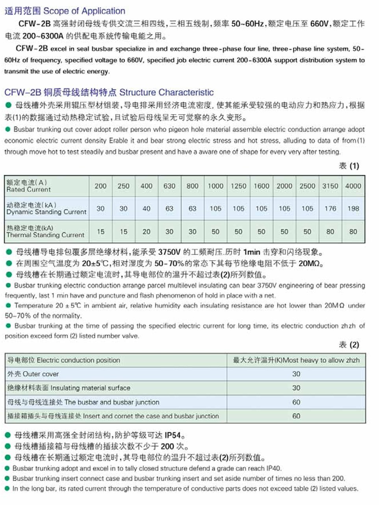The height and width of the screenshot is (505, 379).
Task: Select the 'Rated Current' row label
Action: pyautogui.click(x=28, y=189)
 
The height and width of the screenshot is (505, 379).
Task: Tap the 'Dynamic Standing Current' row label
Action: pyautogui.click(x=46, y=212)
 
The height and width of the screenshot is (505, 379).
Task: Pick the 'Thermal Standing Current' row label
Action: pyautogui.click(x=45, y=235)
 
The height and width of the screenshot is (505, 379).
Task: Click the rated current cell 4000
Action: pyautogui.click(x=353, y=186)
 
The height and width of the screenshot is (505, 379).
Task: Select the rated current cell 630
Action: pyautogui.click(x=169, y=186)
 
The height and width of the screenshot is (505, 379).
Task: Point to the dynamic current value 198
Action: pyautogui.click(x=353, y=209)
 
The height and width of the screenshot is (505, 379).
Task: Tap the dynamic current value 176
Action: pyautogui.click(x=330, y=209)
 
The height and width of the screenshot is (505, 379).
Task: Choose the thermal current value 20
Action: pyautogui.click(x=146, y=232)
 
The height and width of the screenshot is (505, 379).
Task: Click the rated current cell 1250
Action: pyautogui.click(x=238, y=186)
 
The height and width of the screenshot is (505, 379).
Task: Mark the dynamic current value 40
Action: pyautogui.click(x=146, y=209)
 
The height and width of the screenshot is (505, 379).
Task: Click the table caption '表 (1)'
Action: pyautogui.click(x=349, y=166)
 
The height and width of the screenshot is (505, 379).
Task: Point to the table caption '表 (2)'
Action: pyautogui.click(x=349, y=345)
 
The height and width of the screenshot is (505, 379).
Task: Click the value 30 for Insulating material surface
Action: pyautogui.click(x=296, y=388)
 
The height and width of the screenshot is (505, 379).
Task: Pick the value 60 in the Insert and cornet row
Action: pyautogui.click(x=296, y=416)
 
